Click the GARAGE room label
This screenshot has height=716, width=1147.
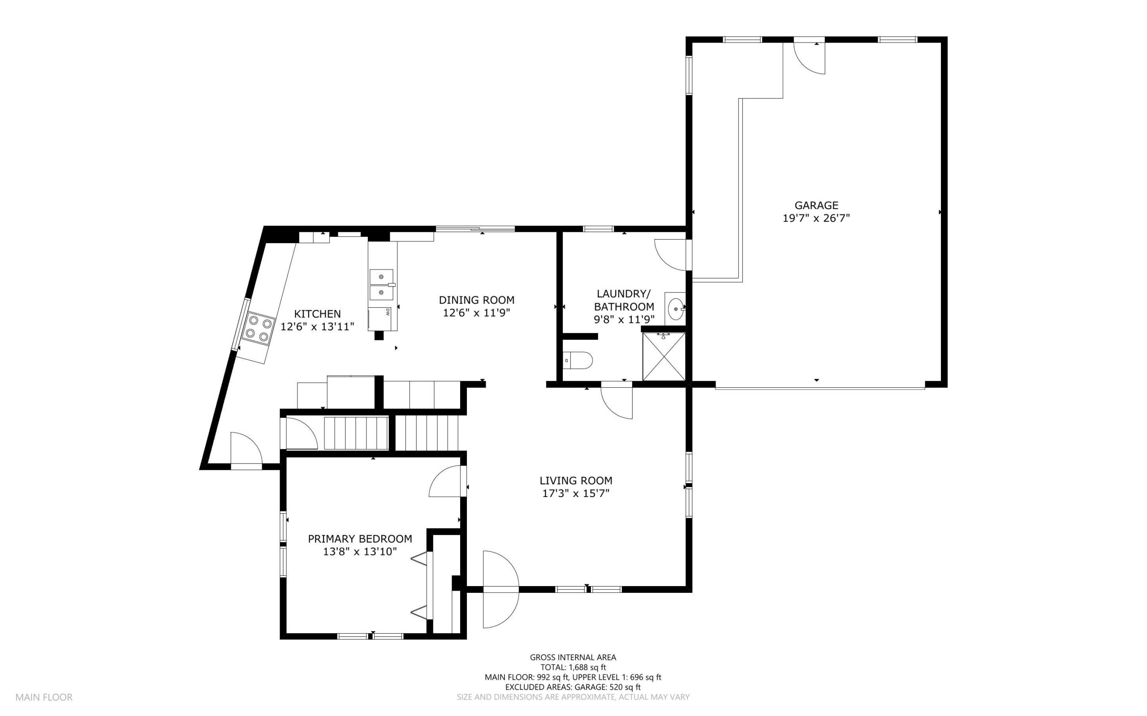[816, 205]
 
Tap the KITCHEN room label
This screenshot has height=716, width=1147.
[317, 313]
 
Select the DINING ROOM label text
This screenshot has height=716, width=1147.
[476, 300]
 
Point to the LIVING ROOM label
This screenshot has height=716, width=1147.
[576, 480]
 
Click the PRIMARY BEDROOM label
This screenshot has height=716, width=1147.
[360, 538]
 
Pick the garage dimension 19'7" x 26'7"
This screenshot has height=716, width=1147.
[816, 219]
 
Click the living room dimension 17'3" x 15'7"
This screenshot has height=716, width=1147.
[576, 493]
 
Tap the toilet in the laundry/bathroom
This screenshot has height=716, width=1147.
[578, 360]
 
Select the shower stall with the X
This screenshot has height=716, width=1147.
[664, 356]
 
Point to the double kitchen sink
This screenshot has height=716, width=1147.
[381, 285]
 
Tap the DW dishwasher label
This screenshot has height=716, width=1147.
[388, 312]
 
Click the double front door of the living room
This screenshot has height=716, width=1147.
[501, 590]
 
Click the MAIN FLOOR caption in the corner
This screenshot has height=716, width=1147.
[44, 697]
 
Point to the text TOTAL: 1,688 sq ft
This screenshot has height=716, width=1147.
[573, 667]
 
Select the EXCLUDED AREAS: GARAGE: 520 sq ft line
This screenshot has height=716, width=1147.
[573, 687]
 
